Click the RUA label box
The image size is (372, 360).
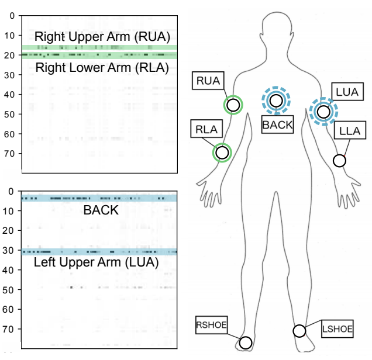208,81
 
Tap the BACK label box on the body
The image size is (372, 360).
276,124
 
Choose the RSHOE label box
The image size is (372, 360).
212,326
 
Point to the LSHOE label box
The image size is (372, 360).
337,330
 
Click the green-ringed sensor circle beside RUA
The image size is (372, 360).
233,105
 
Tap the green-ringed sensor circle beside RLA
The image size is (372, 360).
222,153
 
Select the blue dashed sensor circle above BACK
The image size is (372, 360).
276,101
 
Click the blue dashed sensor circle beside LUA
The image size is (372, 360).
323,111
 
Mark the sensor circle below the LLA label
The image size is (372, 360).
339,160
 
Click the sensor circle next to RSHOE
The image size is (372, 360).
246,342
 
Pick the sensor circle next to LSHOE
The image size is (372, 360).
299,331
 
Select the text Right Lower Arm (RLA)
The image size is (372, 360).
102,68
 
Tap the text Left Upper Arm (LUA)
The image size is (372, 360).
96,263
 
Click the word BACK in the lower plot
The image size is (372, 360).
101,210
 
